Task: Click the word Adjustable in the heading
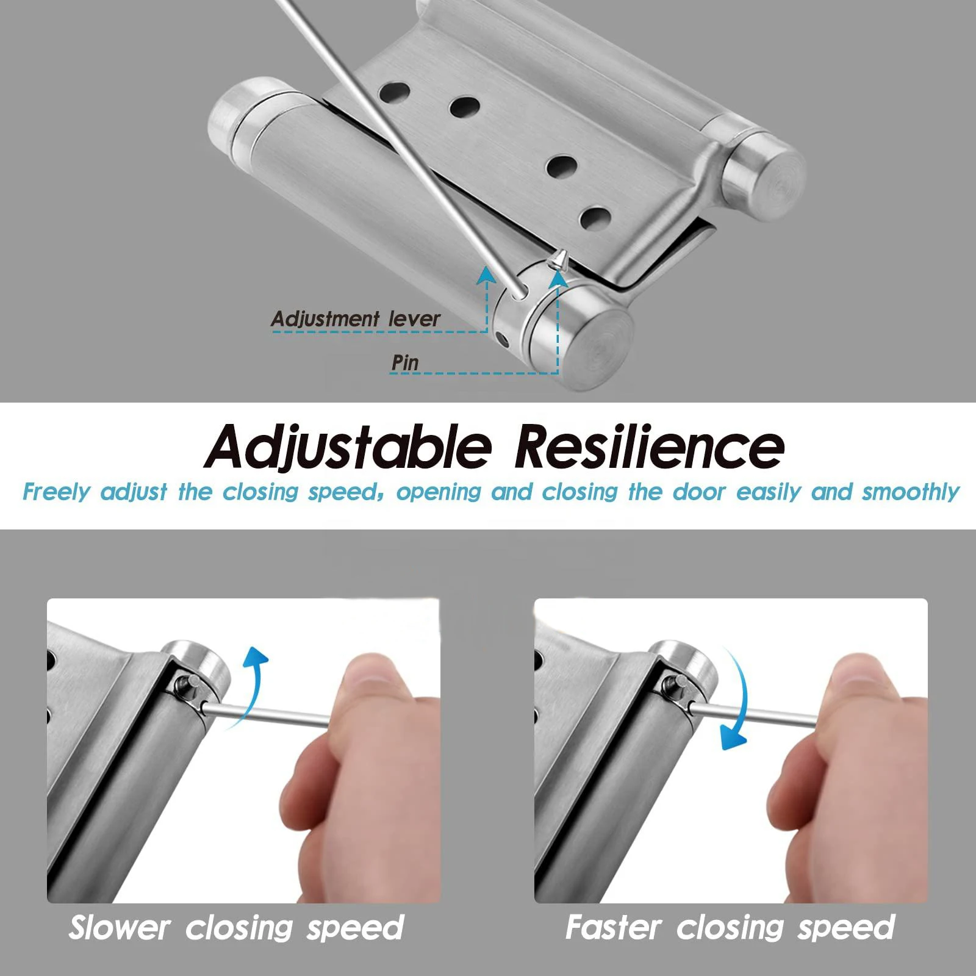point(348,447)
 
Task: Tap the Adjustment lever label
point(356,318)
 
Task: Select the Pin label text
point(405,362)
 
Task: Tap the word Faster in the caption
point(613,928)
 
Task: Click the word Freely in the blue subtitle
point(56,492)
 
